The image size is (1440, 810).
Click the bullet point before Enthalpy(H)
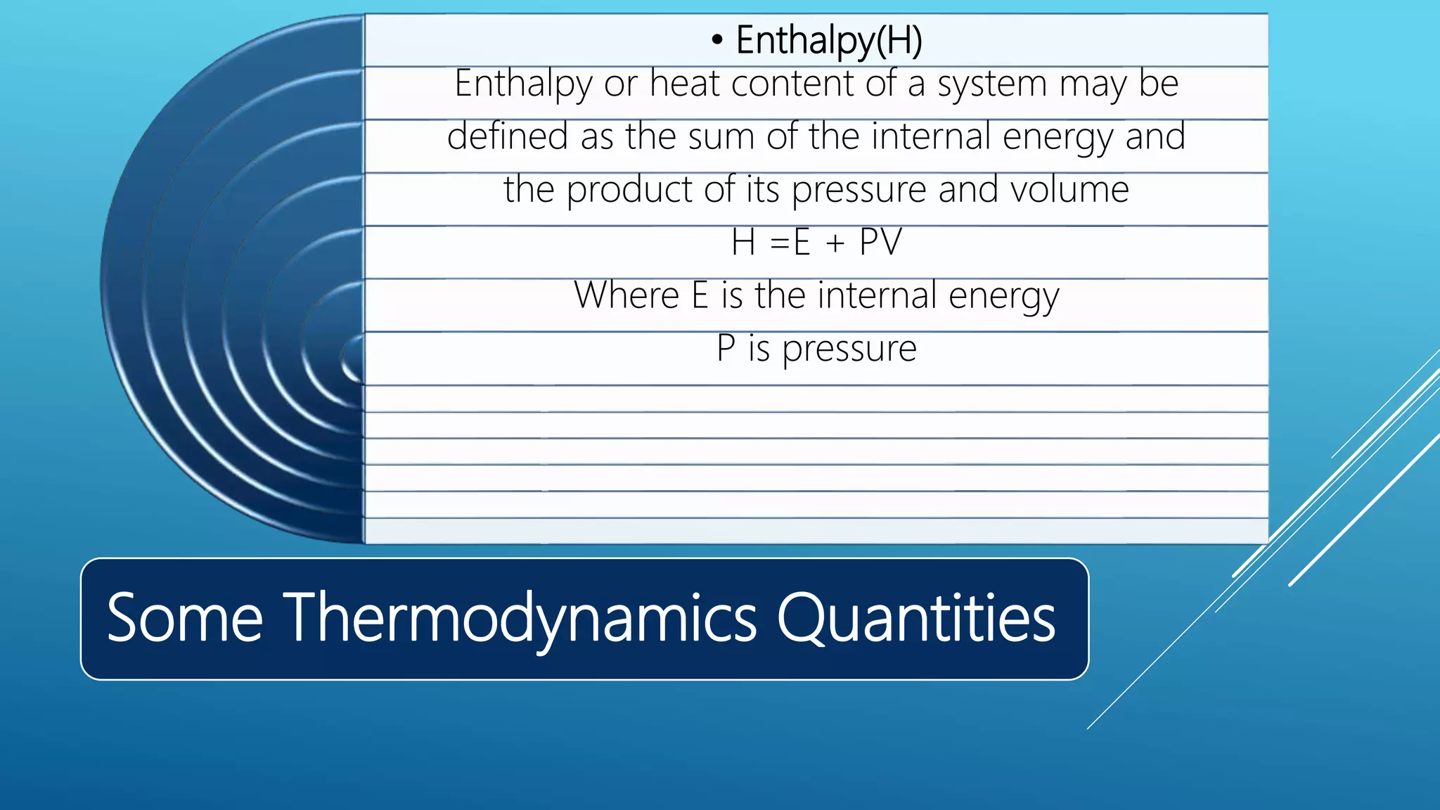[716, 41]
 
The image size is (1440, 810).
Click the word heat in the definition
[684, 84]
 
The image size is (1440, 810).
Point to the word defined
[507, 136]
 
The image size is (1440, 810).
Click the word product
[629, 190]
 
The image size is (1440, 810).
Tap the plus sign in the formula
[835, 243]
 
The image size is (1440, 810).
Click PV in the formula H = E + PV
[880, 242]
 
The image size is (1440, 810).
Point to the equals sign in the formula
[780, 243]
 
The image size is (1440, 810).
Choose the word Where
[626, 295]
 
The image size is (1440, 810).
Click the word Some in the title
[184, 618]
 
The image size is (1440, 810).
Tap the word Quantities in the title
[915, 618]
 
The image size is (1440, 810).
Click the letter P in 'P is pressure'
[726, 348]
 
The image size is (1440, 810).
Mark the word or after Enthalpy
[620, 84]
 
